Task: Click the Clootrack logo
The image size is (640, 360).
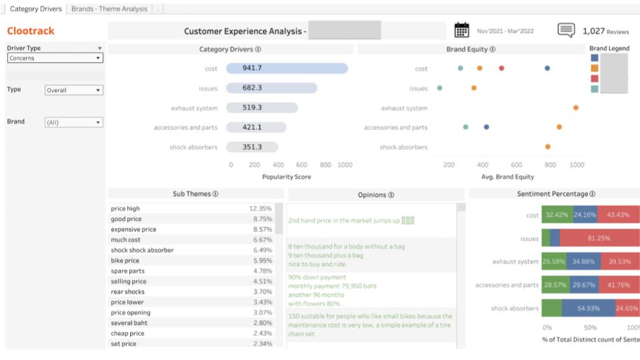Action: coord(31,31)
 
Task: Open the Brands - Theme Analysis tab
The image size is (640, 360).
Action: coord(109,9)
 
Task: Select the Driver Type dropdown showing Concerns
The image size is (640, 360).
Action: coord(55,58)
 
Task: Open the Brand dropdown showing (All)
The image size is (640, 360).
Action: coord(73,123)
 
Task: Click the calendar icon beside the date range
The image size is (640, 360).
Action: coord(461,30)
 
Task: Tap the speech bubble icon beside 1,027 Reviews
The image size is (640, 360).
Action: coord(566,31)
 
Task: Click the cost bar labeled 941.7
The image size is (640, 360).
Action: coord(287,68)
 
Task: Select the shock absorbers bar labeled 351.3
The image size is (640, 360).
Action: coord(252,147)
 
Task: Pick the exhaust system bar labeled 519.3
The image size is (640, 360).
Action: coord(262,107)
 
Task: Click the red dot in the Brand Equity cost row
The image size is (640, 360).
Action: coord(501,68)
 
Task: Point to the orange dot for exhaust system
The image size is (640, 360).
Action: coord(575,107)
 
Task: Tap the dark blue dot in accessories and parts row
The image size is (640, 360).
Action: coord(487,127)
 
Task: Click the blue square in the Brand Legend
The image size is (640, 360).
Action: coord(595,58)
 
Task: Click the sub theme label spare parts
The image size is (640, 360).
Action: coord(127,271)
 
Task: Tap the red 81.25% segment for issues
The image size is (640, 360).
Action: coord(600,238)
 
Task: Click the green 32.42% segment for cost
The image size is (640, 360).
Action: coord(556,215)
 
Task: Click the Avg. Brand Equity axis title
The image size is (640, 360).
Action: coord(507,177)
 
